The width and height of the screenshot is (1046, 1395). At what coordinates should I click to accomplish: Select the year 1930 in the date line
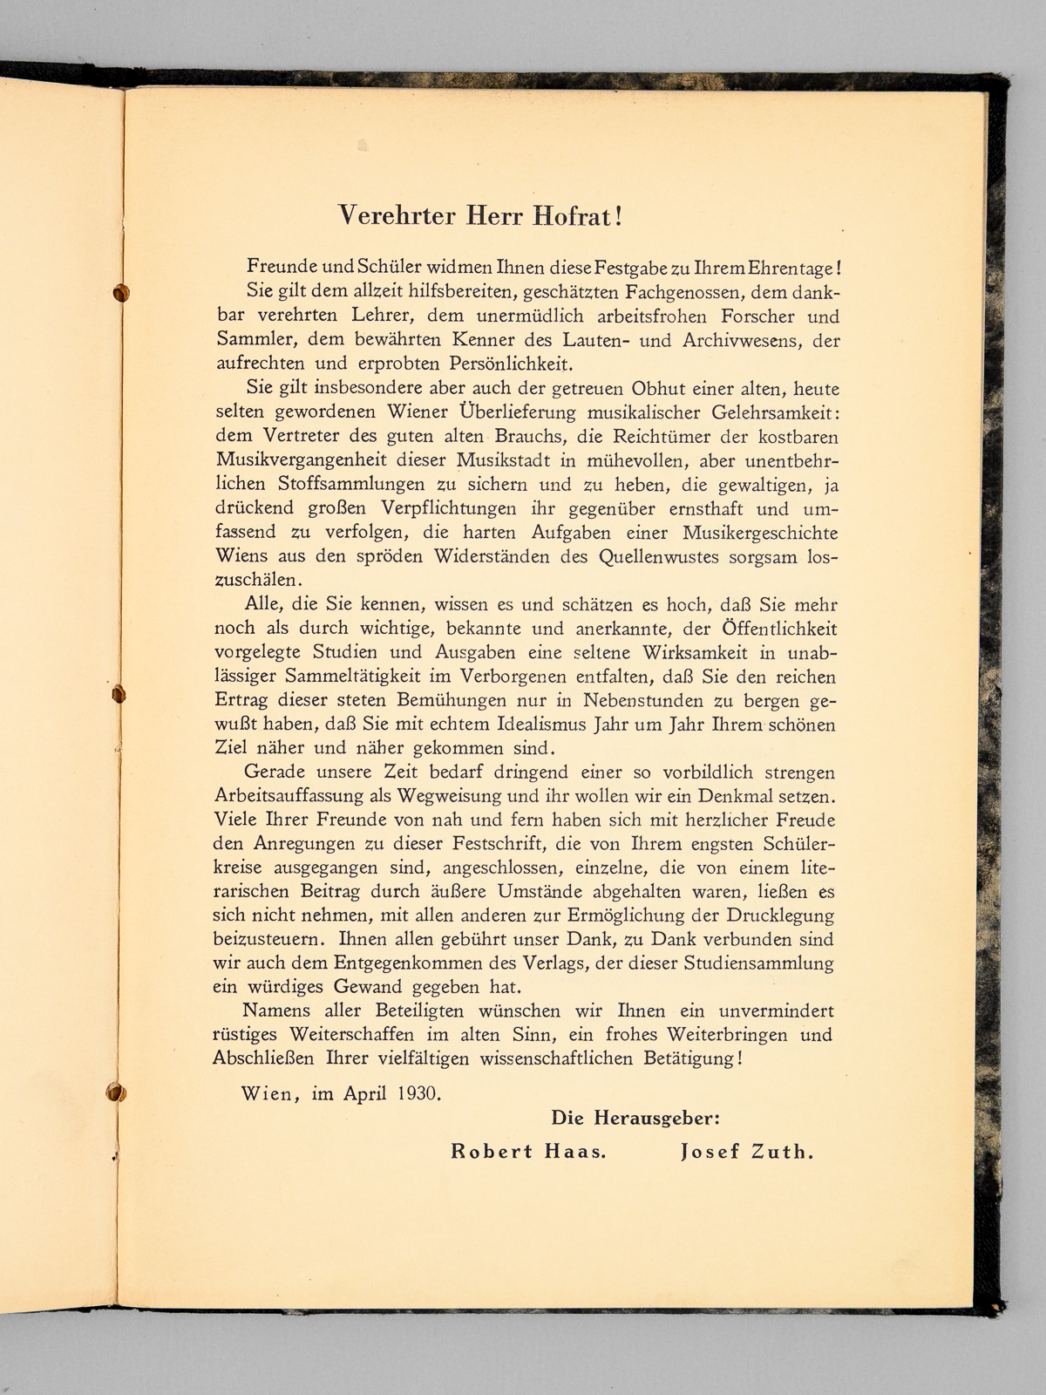tap(417, 1092)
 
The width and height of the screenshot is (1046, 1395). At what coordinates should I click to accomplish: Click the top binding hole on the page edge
tap(121, 293)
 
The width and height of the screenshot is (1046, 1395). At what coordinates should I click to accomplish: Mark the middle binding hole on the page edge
tap(120, 695)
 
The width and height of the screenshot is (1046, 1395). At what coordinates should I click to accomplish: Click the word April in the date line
tap(363, 1092)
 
